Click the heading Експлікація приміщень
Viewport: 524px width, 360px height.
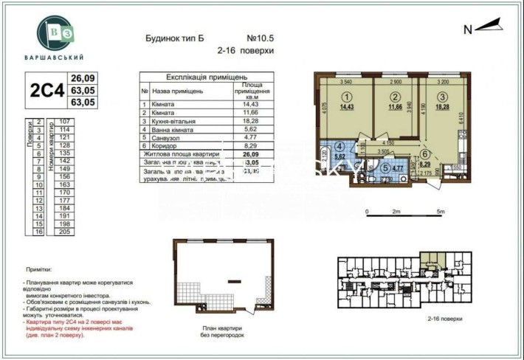(x=206, y=77)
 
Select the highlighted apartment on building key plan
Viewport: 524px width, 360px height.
(x=430, y=257)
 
